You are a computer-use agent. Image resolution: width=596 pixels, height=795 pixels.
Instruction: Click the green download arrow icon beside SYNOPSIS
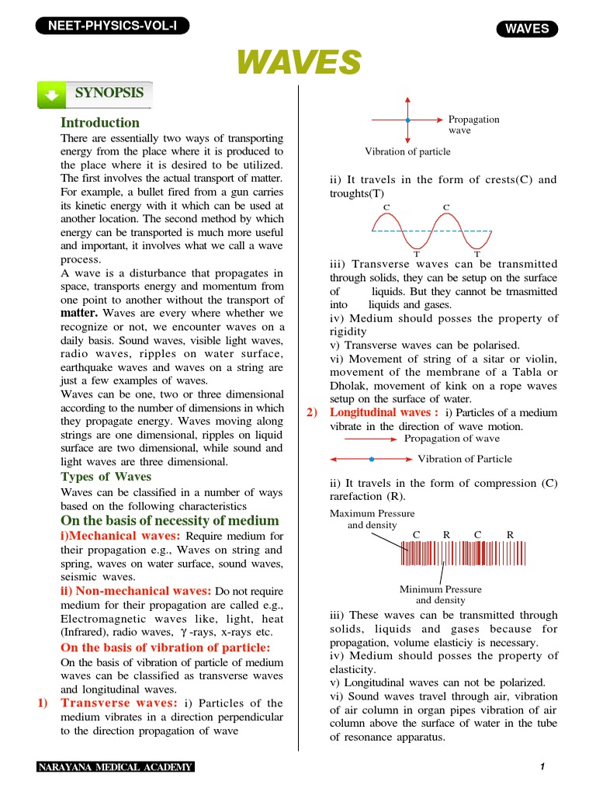[51, 95]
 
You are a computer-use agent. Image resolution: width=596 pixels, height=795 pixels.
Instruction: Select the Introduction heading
[100, 123]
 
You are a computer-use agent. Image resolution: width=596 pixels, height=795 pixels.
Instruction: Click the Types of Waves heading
[106, 477]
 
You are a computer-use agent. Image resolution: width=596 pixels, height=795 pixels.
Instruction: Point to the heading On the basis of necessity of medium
[169, 520]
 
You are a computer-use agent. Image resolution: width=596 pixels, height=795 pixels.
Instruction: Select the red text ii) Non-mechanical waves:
[135, 591]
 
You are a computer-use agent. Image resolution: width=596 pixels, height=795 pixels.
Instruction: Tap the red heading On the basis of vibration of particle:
[165, 647]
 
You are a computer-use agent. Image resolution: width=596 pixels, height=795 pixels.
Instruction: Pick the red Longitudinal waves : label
[385, 412]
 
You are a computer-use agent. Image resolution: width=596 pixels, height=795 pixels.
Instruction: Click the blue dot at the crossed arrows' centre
[407, 120]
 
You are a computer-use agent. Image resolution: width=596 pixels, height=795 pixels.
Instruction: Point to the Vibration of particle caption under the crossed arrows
[407, 152]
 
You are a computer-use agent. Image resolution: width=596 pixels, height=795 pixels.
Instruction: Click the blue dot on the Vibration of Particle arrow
[372, 459]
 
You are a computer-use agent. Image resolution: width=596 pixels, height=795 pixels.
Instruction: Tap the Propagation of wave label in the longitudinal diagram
[452, 439]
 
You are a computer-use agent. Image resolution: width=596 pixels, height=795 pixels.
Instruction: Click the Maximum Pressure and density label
[372, 519]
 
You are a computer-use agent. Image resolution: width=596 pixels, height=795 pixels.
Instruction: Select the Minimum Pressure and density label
[440, 595]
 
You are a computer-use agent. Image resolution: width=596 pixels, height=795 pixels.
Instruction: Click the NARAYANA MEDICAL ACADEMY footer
[116, 768]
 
